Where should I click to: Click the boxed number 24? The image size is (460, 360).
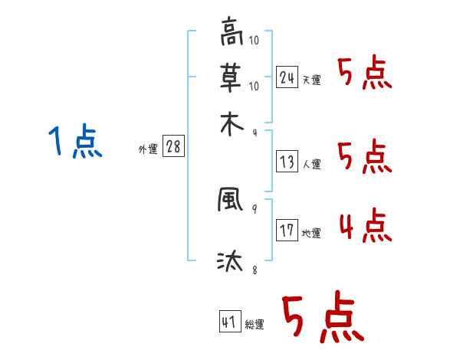[x=287, y=77]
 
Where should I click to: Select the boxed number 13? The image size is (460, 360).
[x=287, y=161]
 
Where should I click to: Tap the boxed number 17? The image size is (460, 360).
[x=287, y=231]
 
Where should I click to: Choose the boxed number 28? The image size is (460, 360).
[x=173, y=147]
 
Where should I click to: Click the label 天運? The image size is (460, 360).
[x=312, y=80]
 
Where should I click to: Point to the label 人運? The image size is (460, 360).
[x=312, y=164]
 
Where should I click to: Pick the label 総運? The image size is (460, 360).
[x=255, y=325]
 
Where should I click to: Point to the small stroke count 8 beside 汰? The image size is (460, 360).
[x=255, y=270]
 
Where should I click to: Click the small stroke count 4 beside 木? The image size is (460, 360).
[x=255, y=132]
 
